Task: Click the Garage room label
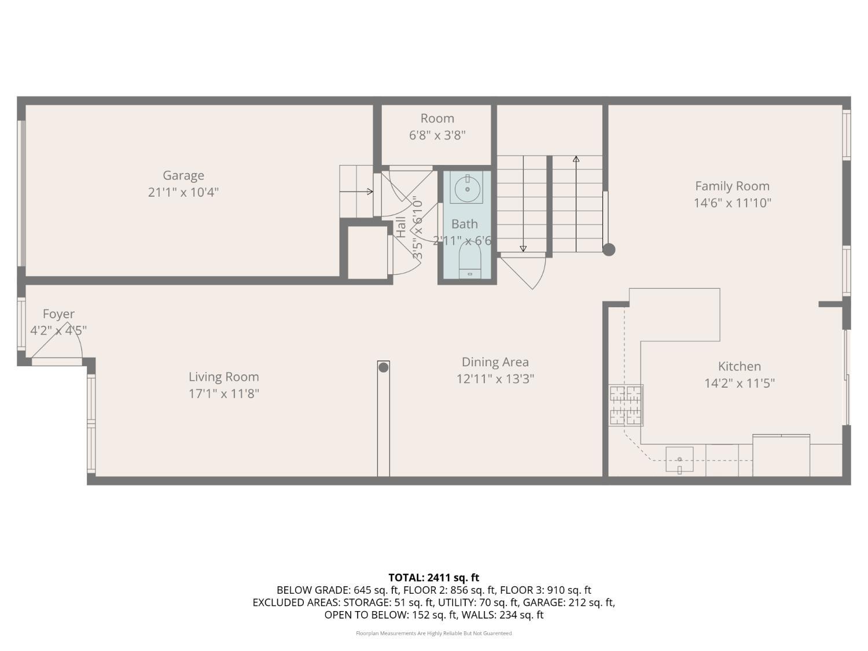pyautogui.click(x=183, y=175)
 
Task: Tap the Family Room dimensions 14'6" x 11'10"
pyautogui.click(x=732, y=203)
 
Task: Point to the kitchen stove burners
pyautogui.click(x=626, y=405)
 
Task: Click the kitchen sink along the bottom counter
pyautogui.click(x=679, y=459)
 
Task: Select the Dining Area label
pyautogui.click(x=495, y=362)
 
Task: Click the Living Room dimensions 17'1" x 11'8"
pyautogui.click(x=223, y=394)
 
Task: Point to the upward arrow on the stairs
pyautogui.click(x=576, y=159)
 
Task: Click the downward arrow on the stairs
pyautogui.click(x=523, y=248)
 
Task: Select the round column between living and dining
pyautogui.click(x=383, y=367)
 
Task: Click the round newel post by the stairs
pyautogui.click(x=608, y=250)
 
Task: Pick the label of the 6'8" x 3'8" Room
pyautogui.click(x=437, y=119)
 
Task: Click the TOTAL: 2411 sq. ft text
pyautogui.click(x=433, y=578)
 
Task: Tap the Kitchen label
pyautogui.click(x=739, y=366)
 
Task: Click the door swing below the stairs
pyautogui.click(x=527, y=272)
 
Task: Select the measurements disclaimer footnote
pyautogui.click(x=433, y=634)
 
